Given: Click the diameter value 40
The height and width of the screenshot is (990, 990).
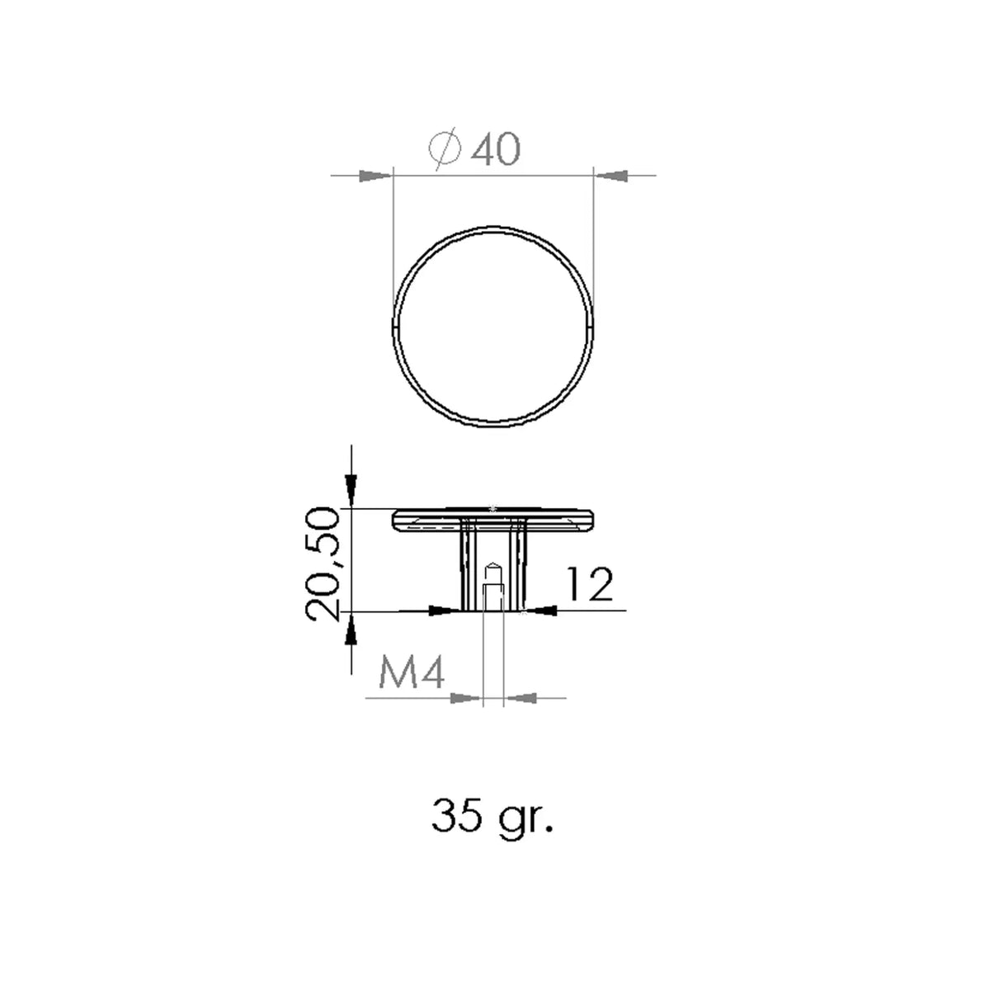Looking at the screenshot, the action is pyautogui.click(x=496, y=150).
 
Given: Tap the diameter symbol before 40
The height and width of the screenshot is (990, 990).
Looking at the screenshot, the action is pyautogui.click(x=445, y=149).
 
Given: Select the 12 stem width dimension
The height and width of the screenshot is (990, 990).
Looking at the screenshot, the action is pyautogui.click(x=589, y=584).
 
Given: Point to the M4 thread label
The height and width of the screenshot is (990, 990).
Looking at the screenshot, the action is pyautogui.click(x=411, y=673).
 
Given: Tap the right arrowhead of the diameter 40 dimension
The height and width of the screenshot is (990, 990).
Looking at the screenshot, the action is pyautogui.click(x=611, y=176).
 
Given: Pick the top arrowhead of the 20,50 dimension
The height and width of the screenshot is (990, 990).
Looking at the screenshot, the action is pyautogui.click(x=351, y=491).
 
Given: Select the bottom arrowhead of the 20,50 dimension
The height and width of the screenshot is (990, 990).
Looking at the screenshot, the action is pyautogui.click(x=351, y=629).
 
